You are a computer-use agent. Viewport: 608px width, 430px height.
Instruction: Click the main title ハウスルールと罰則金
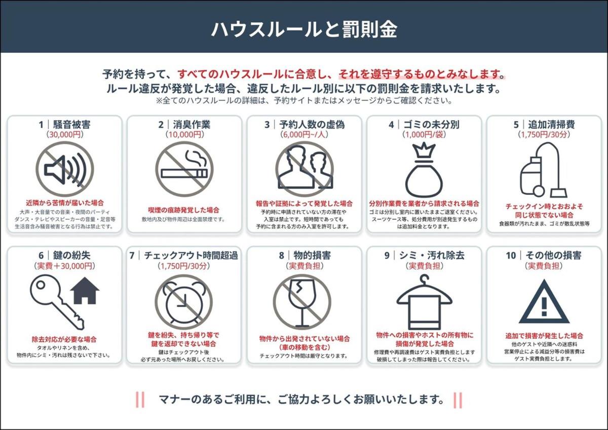pyautogui.click(x=304, y=29)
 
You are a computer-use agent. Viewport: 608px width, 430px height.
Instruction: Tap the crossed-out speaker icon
pyautogui.click(x=65, y=169)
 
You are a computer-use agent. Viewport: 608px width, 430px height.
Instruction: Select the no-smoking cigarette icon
pyautogui.click(x=184, y=169)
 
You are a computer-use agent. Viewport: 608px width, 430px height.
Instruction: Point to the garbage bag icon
pyautogui.click(x=424, y=170)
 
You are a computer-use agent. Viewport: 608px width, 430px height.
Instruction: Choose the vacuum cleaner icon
pyautogui.click(x=543, y=170)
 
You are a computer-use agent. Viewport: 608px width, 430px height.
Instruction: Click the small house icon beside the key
pyautogui.click(x=85, y=291)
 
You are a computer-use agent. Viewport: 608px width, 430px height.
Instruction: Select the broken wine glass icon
pyautogui.click(x=302, y=302)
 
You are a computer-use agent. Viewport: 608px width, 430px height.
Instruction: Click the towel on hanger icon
pyautogui.click(x=424, y=302)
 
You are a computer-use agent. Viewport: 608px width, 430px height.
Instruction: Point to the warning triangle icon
pyautogui.click(x=544, y=302)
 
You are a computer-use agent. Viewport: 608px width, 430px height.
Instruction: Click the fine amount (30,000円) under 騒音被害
pyautogui.click(x=65, y=134)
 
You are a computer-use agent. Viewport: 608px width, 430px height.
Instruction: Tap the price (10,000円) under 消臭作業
pyautogui.click(x=184, y=134)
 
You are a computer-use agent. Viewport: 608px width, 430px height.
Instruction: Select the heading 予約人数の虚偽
pyautogui.click(x=312, y=124)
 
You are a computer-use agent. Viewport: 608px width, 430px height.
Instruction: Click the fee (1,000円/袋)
pyautogui.click(x=424, y=134)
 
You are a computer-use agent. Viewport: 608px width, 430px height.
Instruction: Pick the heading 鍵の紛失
pyautogui.click(x=71, y=256)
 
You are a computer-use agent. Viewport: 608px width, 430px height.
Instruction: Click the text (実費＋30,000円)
pyautogui.click(x=65, y=266)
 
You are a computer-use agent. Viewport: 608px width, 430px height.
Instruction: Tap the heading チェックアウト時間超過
pyautogui.click(x=191, y=256)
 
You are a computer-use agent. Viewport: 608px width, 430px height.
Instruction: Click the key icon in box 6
pyautogui.click(x=56, y=302)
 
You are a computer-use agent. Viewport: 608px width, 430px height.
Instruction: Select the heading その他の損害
pyautogui.click(x=554, y=256)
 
